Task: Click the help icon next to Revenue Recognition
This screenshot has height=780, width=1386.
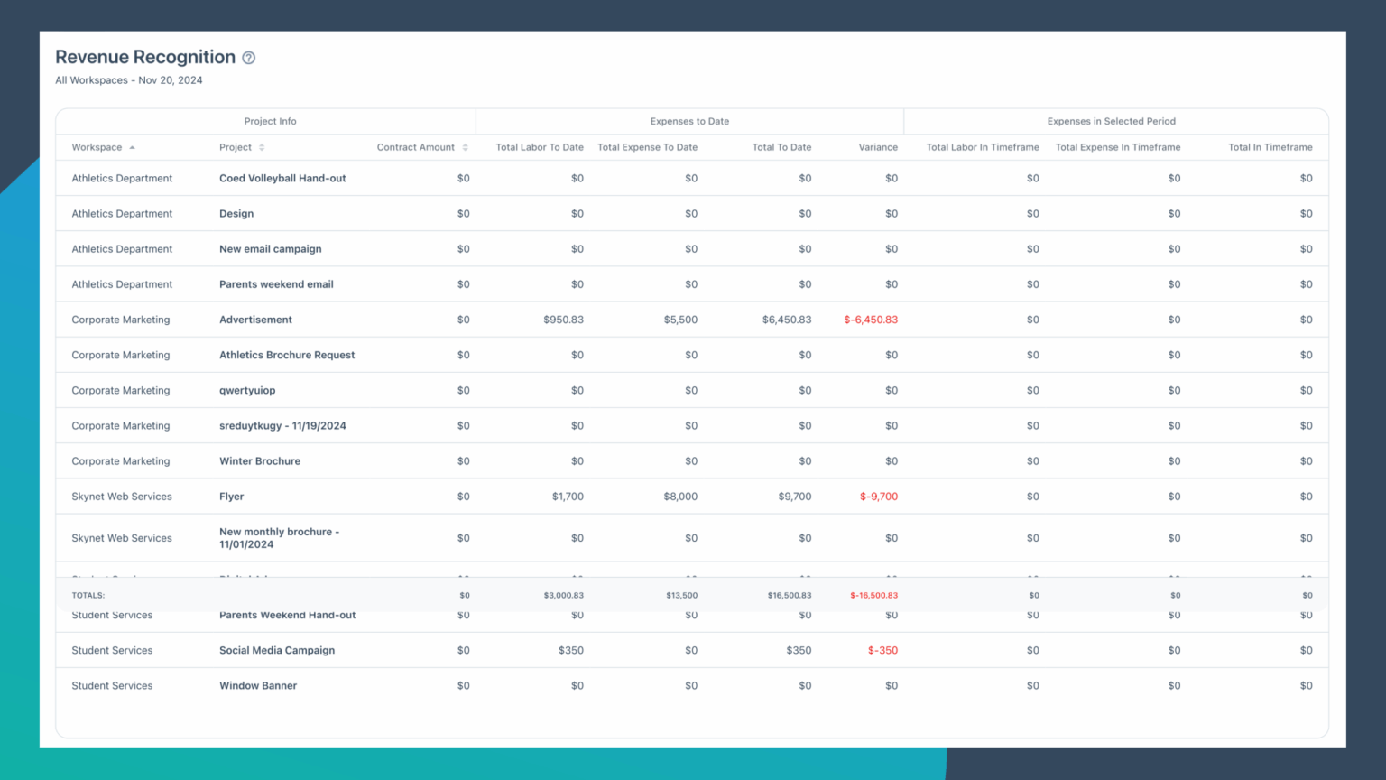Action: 249,58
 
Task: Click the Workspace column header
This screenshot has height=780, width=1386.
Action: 97,147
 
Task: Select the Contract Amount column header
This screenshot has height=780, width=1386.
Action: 416,147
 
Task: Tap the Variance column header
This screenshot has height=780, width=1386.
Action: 878,147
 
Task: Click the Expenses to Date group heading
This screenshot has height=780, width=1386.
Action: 689,121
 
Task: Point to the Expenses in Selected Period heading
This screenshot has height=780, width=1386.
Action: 1111,121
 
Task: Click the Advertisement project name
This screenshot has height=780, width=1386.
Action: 255,320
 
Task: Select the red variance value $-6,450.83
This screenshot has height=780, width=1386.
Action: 871,320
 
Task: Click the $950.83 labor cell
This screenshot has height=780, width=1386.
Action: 563,320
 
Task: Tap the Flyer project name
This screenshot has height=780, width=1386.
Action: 231,497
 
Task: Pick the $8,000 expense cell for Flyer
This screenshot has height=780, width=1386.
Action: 680,497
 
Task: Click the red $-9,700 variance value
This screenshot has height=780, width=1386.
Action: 879,497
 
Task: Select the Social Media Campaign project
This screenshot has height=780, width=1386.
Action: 277,650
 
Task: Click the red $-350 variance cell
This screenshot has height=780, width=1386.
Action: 882,650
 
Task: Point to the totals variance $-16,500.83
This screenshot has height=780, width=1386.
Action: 873,596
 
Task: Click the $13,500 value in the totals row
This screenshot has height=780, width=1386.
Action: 681,596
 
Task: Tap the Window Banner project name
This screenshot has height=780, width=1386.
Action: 258,686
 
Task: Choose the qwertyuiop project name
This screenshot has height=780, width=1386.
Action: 247,390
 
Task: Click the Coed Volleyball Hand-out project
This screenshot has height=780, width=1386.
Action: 282,179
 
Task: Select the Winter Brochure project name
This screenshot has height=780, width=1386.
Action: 260,461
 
